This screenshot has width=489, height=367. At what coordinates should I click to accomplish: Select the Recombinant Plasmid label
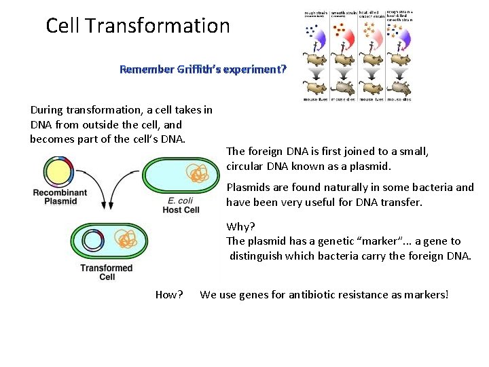[x=60, y=196]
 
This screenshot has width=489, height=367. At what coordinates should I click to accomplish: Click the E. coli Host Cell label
[x=181, y=205]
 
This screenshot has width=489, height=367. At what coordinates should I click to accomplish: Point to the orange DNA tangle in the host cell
[x=197, y=174]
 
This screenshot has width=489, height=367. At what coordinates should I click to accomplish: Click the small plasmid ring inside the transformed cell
[x=92, y=240]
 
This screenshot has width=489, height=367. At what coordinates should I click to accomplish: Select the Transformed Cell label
[x=107, y=272]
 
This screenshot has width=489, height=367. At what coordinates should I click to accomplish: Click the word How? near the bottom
[x=169, y=294]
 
